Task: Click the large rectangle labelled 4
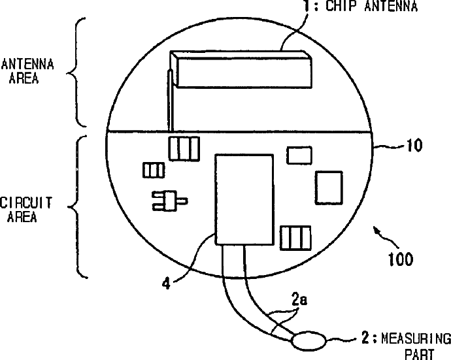244,199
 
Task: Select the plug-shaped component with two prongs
167,201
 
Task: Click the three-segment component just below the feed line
182,148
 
